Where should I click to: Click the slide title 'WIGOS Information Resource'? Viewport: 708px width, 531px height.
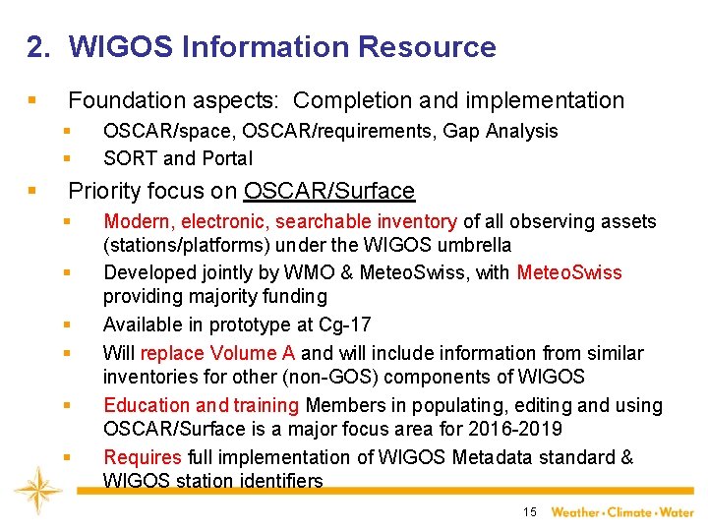(x=282, y=46)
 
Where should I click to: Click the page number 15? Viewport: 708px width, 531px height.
(x=530, y=511)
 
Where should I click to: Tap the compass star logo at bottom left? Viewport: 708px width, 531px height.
(x=38, y=493)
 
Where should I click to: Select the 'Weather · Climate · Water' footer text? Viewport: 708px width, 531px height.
(x=621, y=511)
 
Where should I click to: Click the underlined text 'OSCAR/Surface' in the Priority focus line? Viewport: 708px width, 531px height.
(x=329, y=191)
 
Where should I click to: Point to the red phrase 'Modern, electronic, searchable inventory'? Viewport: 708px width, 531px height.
(x=280, y=222)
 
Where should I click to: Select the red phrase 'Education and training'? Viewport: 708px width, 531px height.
(x=202, y=405)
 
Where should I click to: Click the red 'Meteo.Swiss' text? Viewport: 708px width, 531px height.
(x=569, y=272)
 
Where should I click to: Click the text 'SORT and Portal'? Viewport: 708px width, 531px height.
(x=178, y=158)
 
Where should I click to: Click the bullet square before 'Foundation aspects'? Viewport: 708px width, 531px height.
(x=33, y=100)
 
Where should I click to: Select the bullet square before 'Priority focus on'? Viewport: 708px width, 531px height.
(x=33, y=191)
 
